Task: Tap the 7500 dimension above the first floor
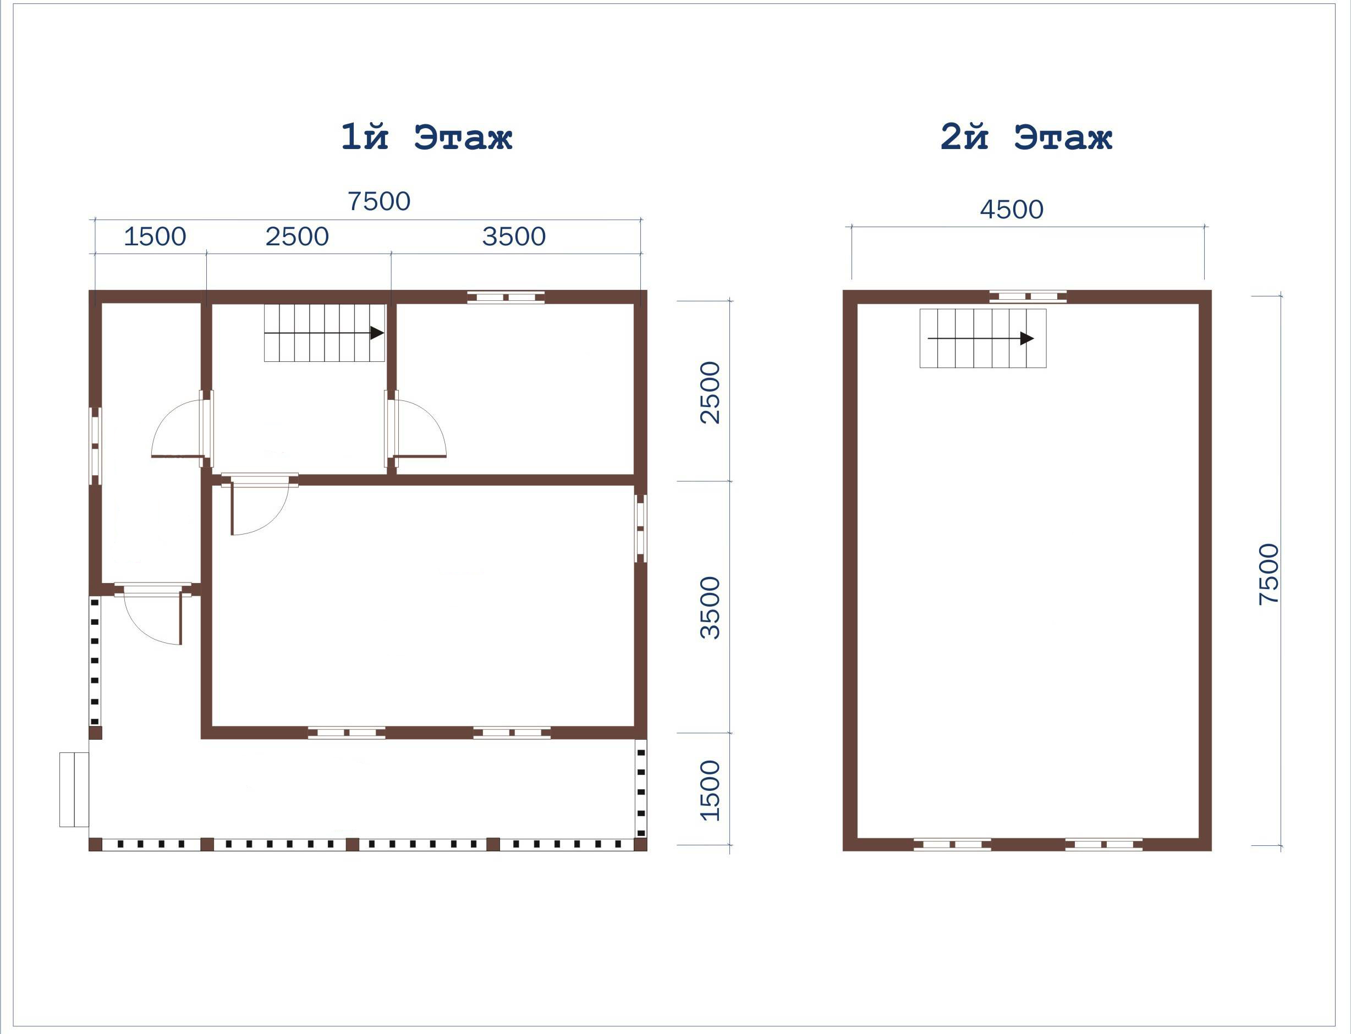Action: pos(379,201)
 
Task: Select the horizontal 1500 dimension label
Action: pos(155,237)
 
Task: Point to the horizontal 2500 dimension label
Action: pos(297,237)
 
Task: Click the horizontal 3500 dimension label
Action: pos(514,237)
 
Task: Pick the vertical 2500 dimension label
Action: pos(710,392)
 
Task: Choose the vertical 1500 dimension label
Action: pos(710,790)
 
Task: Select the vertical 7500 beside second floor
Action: pos(1269,574)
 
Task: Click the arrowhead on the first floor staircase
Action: pos(377,333)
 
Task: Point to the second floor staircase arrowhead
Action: pos(1026,338)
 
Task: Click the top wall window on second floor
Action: pos(1028,296)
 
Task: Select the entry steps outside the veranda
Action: pos(74,790)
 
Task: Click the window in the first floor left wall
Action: pos(95,446)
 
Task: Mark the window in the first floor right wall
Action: pos(641,529)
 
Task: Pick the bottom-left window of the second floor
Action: pos(952,844)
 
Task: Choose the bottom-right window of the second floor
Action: pos(1103,844)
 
